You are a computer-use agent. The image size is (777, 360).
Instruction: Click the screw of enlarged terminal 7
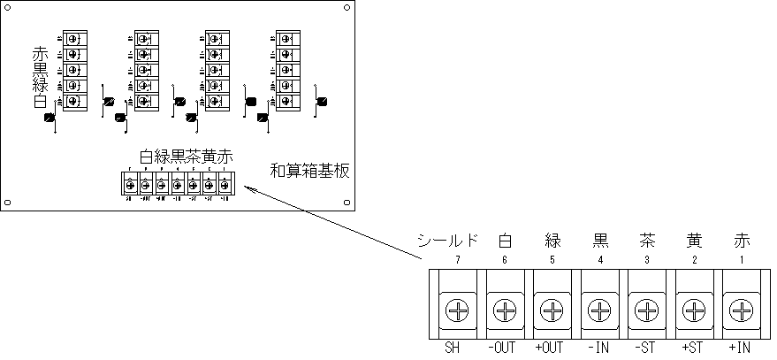(457, 310)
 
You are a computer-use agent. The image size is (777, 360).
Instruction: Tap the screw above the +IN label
(743, 310)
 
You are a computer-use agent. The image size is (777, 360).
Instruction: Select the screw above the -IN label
(599, 310)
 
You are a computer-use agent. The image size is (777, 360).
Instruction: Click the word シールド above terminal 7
(448, 240)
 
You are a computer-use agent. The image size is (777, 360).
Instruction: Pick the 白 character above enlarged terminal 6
(505, 240)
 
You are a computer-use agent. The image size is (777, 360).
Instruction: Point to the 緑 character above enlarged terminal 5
(552, 240)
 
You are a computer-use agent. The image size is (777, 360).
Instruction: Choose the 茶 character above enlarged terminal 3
(647, 240)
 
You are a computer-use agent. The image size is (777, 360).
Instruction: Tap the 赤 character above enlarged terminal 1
(743, 240)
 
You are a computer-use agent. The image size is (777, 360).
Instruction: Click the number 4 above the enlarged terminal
(599, 259)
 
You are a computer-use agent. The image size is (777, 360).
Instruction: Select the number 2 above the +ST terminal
(695, 259)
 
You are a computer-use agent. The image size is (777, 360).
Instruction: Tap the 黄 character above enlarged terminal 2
(695, 240)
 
